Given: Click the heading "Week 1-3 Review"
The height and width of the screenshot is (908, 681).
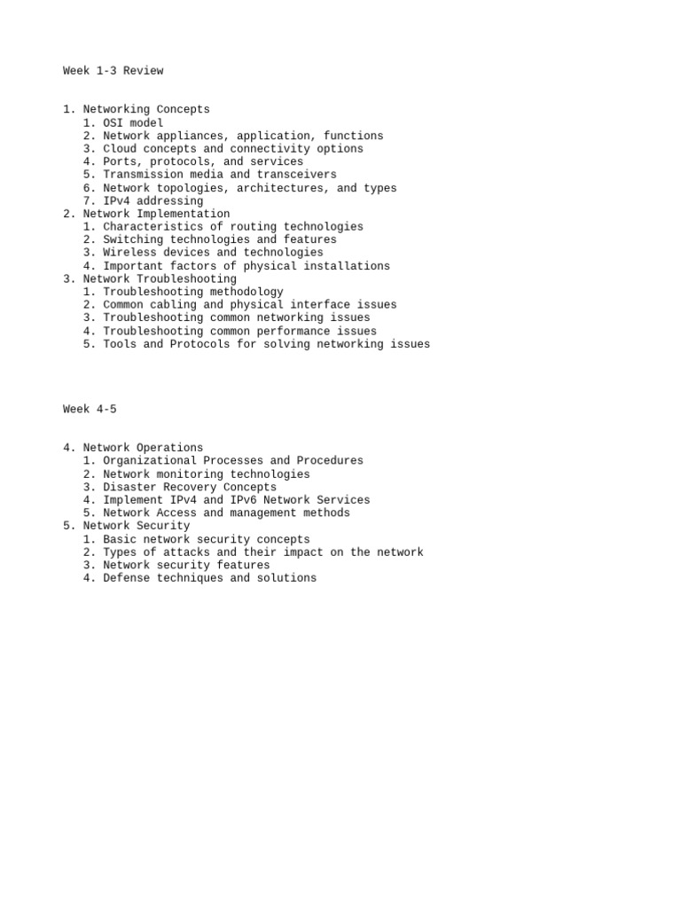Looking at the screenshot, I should (113, 71).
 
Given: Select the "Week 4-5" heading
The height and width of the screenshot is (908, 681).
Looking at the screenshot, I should (90, 409).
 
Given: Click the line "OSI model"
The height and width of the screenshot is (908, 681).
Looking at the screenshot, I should (133, 123).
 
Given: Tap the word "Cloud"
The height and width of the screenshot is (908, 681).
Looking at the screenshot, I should (120, 149).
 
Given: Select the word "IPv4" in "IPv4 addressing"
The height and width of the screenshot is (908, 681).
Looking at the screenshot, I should (116, 201).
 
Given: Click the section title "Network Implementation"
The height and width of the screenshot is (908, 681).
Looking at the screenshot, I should (156, 214).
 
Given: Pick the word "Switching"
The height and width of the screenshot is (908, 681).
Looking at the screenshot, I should (133, 239).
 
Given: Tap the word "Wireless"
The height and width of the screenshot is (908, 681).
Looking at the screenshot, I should (129, 253).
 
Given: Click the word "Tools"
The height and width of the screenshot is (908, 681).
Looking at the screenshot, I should (120, 344).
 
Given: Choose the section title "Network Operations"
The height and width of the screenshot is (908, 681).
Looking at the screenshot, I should (143, 448).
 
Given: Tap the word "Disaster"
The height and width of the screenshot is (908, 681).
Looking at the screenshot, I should (129, 487).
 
